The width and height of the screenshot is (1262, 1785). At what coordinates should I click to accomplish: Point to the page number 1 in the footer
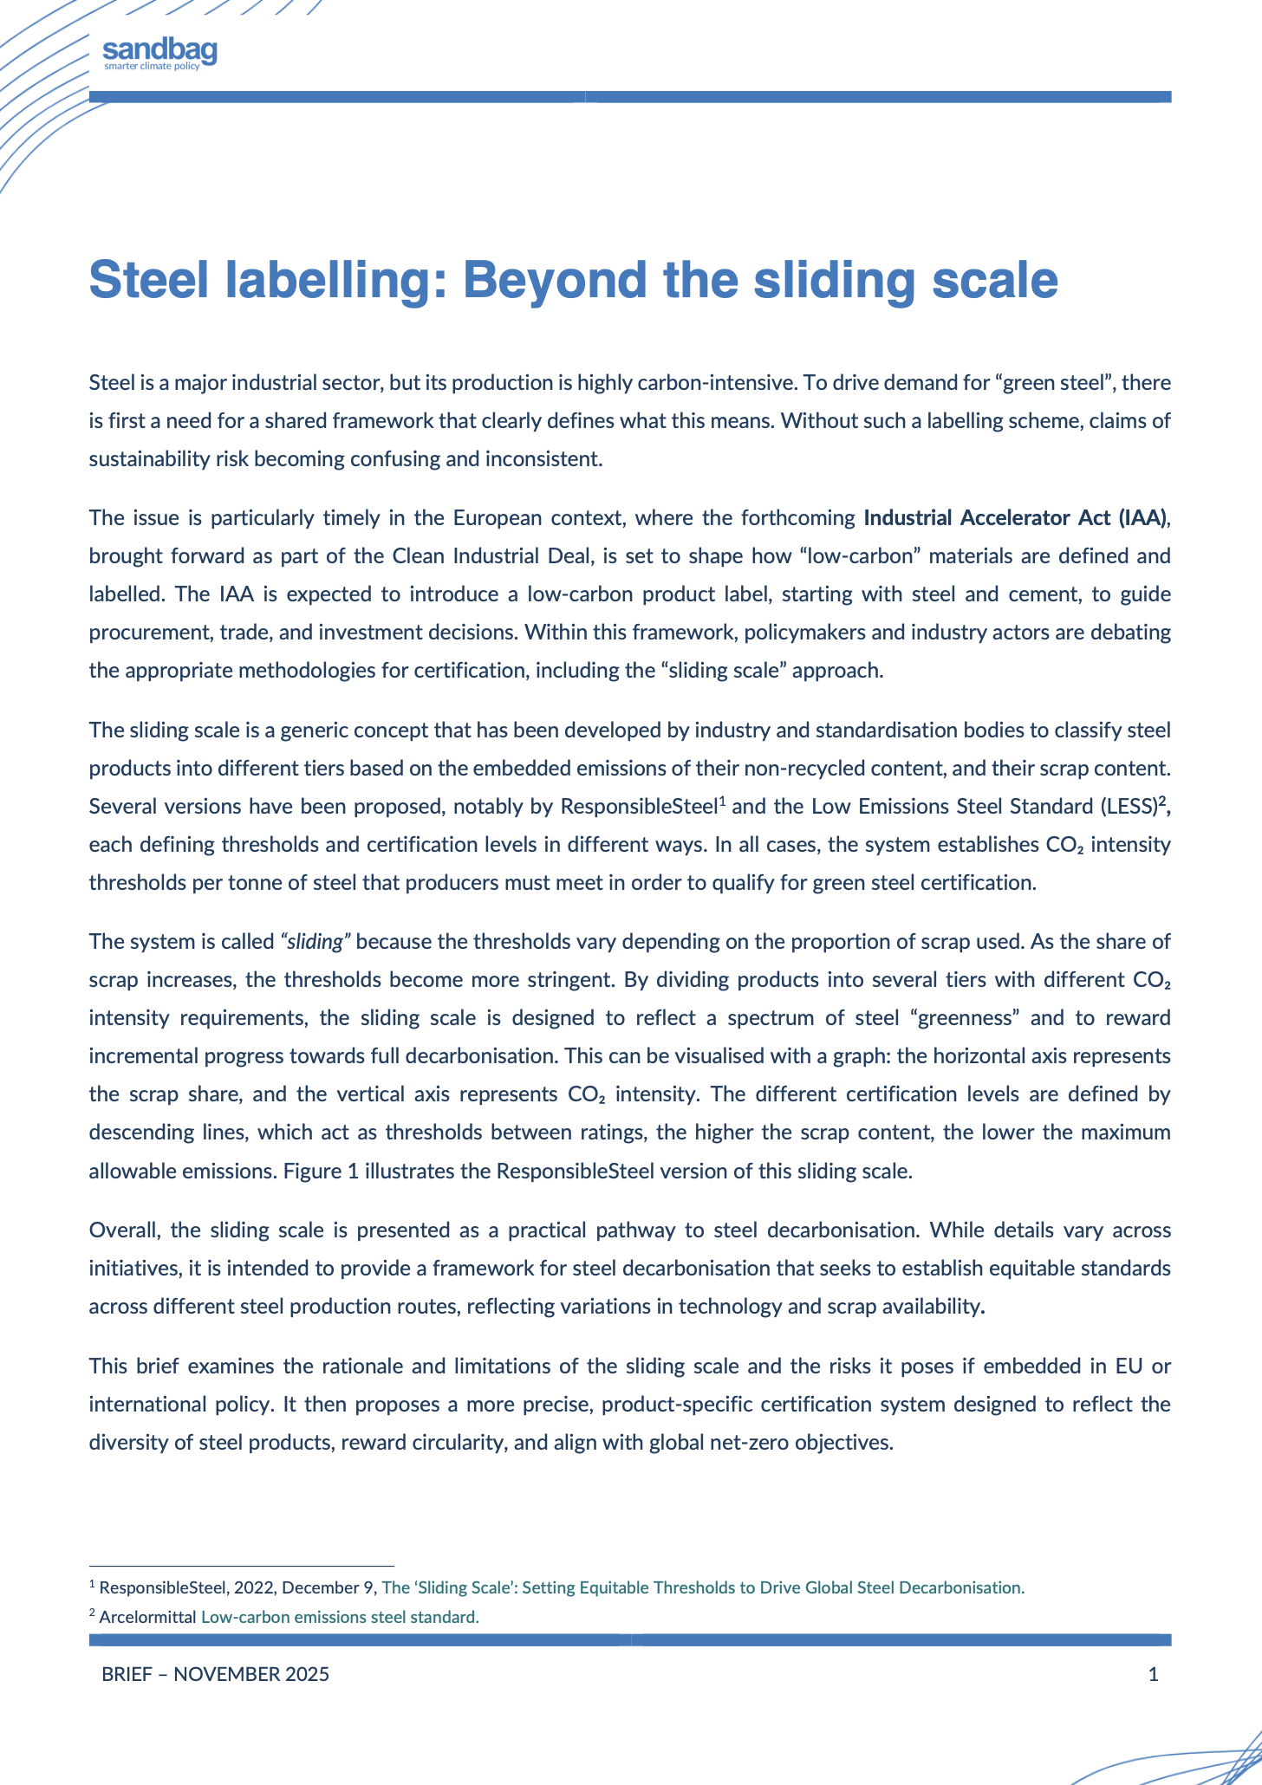pos(1153,1674)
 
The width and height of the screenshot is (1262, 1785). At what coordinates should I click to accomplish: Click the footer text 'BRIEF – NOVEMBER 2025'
pos(215,1674)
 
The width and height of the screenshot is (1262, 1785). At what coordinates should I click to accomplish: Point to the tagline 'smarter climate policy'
pos(152,67)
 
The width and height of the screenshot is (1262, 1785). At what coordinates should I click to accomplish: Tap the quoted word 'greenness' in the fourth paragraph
pos(974,1017)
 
